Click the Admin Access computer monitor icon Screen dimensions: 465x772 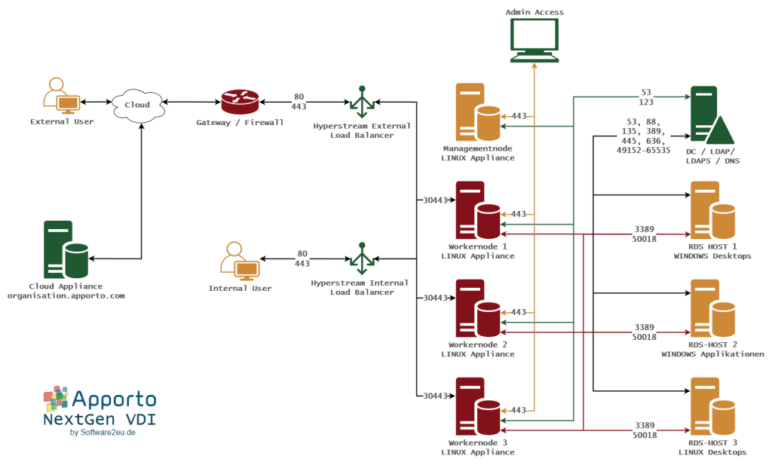pyautogui.click(x=535, y=39)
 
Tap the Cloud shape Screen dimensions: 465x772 pyautogui.click(x=137, y=105)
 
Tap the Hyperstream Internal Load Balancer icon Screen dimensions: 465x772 pyautogui.click(x=362, y=259)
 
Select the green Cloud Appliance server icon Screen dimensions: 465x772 pyautogui.click(x=65, y=249)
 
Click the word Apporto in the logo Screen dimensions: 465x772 pyautogui.click(x=114, y=399)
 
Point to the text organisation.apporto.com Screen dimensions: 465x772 pyautogui.click(x=66, y=296)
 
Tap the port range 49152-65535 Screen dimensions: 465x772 pyautogui.click(x=643, y=150)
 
